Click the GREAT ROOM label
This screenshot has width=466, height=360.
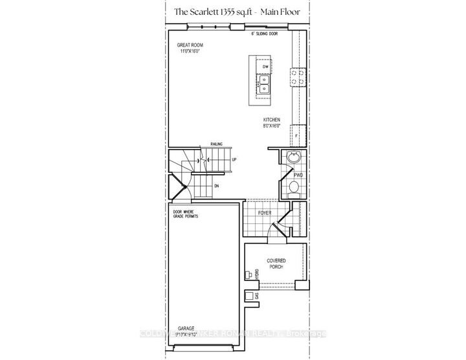point(191,46)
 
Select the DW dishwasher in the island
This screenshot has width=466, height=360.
point(265,67)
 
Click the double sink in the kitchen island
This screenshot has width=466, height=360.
point(265,86)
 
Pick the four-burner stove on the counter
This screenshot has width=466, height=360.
point(297,78)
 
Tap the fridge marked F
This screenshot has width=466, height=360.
point(297,135)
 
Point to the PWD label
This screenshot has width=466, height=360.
point(298,175)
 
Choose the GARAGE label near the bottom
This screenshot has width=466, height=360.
point(178,328)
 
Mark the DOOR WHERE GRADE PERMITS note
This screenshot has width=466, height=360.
point(185,214)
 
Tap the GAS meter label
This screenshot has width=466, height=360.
point(256,297)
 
